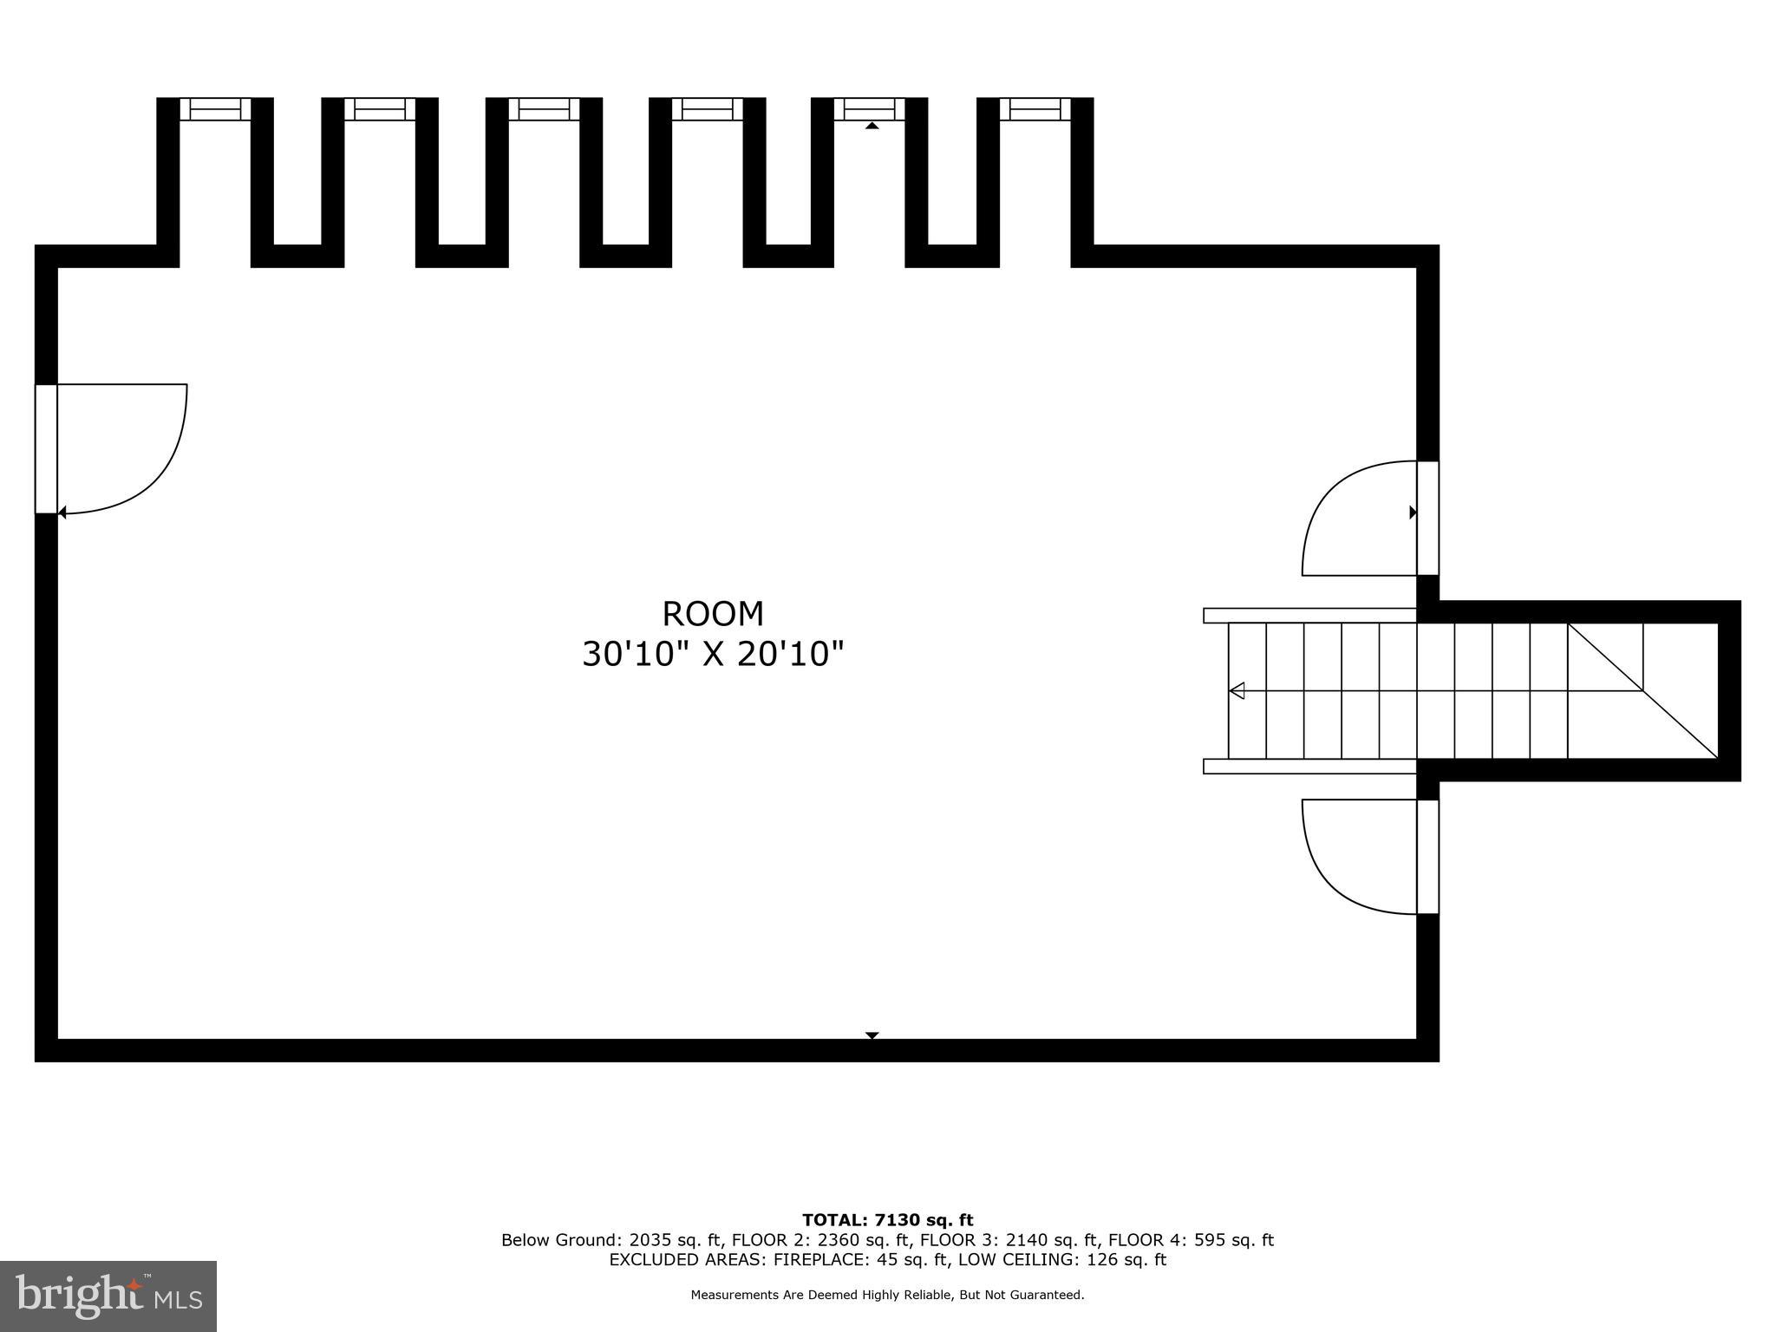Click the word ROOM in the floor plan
pos(713,614)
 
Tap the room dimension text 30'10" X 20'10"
pos(713,654)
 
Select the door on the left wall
pos(47,448)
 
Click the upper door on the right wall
pos(1427,518)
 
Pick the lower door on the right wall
pos(1427,856)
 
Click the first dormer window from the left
pos(215,109)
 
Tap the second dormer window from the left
pos(380,109)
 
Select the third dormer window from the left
pos(544,109)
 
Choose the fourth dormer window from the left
pos(708,109)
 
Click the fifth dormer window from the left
pos(870,109)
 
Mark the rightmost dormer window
pos(1035,109)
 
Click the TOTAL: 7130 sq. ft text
pos(887,1221)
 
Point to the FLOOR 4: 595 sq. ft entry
pos(1191,1240)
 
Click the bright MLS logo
pos(108,1296)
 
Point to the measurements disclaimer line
pos(887,1295)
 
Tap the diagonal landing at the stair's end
pos(1642,690)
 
